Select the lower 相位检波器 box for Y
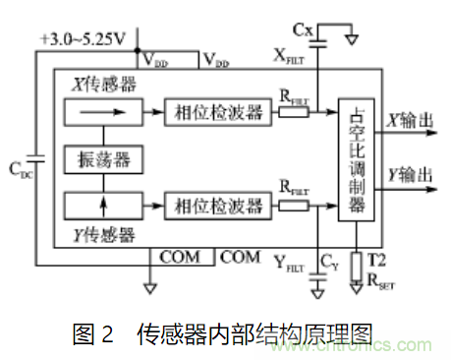[216, 207]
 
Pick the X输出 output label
[410, 122]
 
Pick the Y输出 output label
[410, 173]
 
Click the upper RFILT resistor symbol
[292, 113]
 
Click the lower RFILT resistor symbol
[292, 207]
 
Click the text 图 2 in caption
[93, 333]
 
